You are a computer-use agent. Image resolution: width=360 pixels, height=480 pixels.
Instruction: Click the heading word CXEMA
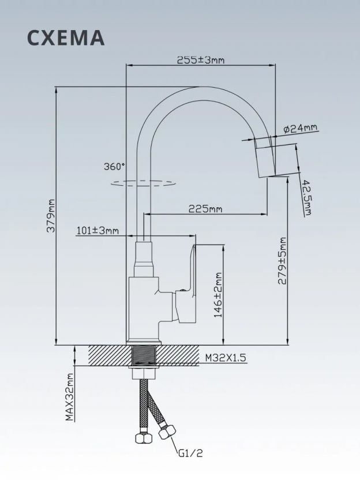66,38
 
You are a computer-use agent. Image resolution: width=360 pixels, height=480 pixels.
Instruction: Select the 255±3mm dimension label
201,60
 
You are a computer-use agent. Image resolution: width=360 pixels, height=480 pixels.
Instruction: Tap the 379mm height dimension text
51,216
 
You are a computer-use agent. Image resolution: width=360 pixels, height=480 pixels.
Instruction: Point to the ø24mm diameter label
301,129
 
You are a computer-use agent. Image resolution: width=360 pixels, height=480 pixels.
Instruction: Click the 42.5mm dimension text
307,198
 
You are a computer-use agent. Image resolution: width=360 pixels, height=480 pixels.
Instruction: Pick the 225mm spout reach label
205,209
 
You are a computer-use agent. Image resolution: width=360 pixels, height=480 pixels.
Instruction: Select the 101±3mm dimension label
97,230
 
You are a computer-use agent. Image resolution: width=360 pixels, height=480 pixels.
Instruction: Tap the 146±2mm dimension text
218,295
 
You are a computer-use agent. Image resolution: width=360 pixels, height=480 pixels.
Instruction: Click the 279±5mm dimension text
282,261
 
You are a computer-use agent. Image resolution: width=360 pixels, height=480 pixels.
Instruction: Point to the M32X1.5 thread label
226,358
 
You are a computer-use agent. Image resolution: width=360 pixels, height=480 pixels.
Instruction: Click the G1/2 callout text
190,453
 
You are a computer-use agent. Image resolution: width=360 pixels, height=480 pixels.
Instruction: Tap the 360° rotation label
114,167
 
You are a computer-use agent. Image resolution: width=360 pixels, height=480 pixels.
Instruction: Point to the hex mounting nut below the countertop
143,374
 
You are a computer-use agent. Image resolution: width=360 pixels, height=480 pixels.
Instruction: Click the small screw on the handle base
183,290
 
